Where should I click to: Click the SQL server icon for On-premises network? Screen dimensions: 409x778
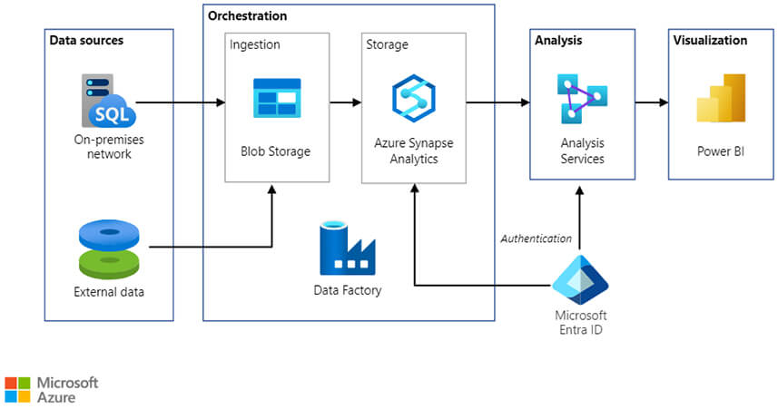pos(108,102)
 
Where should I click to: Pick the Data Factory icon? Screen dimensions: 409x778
pos(347,248)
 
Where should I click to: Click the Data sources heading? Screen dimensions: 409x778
pos(86,41)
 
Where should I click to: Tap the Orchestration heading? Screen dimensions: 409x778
pos(247,16)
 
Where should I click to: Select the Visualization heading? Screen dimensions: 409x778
pos(710,41)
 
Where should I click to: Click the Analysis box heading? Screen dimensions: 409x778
pos(558,41)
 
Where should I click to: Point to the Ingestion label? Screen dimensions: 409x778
pos(255,44)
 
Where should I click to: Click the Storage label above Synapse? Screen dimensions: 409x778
pos(387,44)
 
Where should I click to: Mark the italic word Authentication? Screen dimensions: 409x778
pos(537,239)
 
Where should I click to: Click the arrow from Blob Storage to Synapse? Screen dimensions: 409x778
pos(345,102)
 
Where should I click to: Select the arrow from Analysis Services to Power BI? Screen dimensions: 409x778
pos(650,102)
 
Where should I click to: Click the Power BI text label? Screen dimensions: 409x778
pos(720,151)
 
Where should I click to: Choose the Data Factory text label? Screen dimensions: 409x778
pos(347,291)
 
